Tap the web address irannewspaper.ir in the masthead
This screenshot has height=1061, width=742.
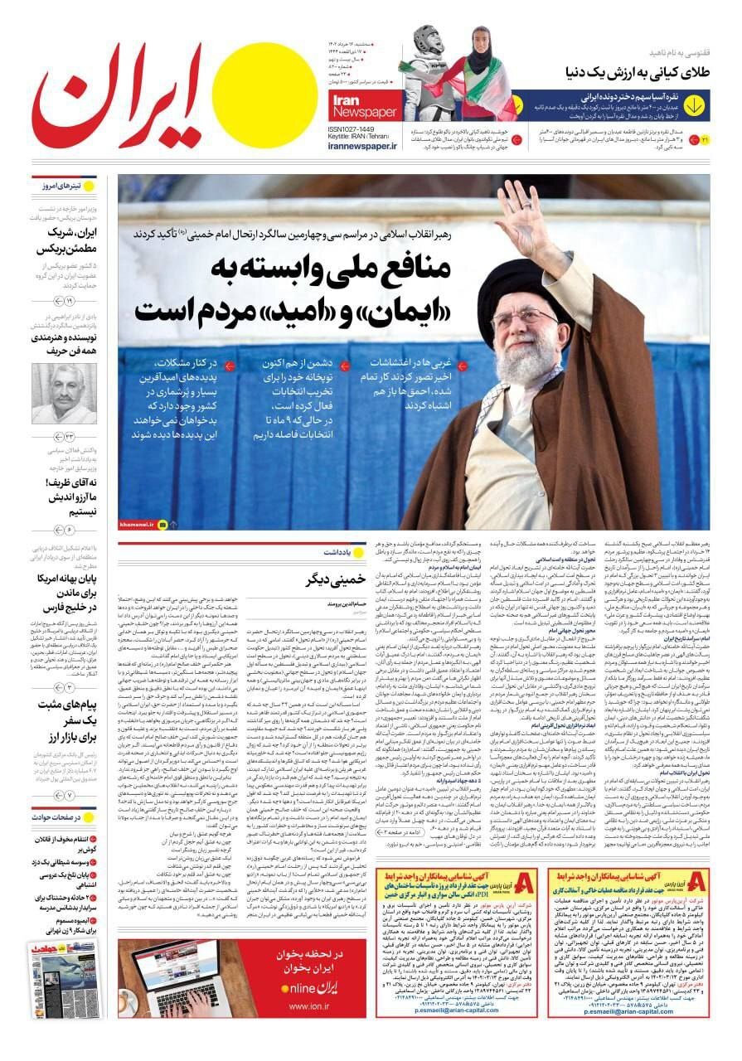362,146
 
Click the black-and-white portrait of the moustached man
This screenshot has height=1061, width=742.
64,394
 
